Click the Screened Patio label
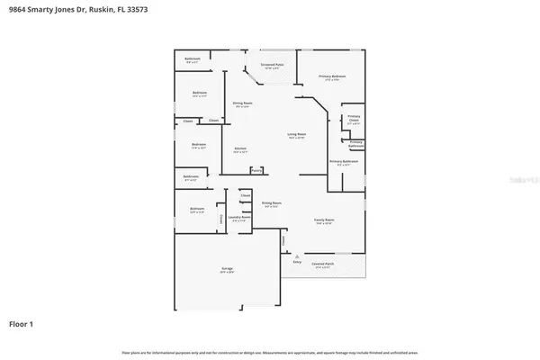[x=272, y=65]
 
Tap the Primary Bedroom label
[x=332, y=77]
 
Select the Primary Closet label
[x=354, y=118]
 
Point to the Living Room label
[x=297, y=136]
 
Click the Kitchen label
[x=240, y=149]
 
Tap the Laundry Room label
[x=240, y=218]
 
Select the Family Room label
[x=324, y=220]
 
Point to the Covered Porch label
[x=321, y=265]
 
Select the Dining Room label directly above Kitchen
[x=242, y=103]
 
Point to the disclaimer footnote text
[x=270, y=351]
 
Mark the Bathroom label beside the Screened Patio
[x=193, y=59]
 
